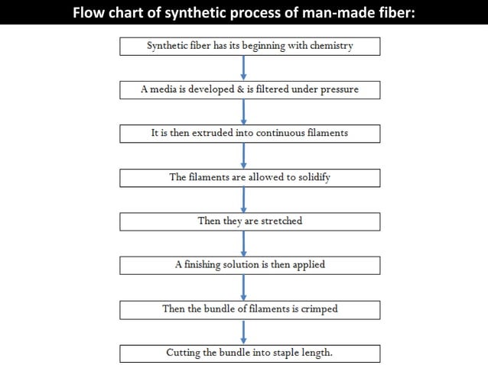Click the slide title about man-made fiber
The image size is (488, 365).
[x=243, y=12]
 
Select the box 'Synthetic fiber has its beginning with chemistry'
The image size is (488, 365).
[x=249, y=47]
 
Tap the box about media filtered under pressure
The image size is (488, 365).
[x=249, y=90]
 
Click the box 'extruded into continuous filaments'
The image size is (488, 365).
[x=249, y=134]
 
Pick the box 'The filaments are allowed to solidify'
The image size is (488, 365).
[x=249, y=177]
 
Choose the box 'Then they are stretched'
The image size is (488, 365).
[x=249, y=221]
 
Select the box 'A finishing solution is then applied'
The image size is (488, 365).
[x=249, y=265]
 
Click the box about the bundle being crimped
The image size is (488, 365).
[x=249, y=309]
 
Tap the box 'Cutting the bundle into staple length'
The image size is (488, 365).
[x=249, y=354]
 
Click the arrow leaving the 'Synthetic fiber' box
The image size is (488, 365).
[x=244, y=68]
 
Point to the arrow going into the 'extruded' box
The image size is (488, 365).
[x=244, y=111]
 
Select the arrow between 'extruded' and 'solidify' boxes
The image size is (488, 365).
[x=244, y=155]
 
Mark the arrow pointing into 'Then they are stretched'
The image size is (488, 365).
[x=244, y=199]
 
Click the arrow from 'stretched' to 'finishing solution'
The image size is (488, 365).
[x=244, y=243]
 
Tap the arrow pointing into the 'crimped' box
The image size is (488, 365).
[x=244, y=287]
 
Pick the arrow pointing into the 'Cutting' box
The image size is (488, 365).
[x=244, y=331]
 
